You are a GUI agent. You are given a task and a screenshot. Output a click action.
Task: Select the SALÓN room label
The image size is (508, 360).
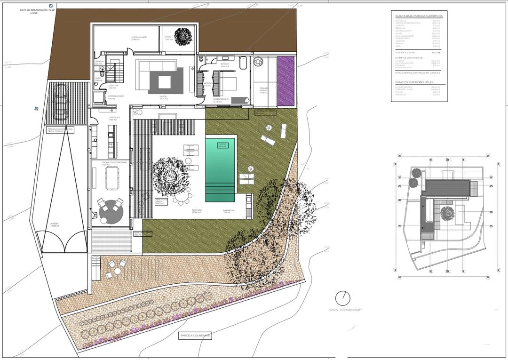point(163,97)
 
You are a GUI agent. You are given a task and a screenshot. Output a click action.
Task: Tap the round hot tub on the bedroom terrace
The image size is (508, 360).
point(258,62)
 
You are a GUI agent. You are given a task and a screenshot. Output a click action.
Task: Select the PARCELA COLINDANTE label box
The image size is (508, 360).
point(195,336)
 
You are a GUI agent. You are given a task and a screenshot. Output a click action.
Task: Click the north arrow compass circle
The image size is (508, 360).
point(343,298)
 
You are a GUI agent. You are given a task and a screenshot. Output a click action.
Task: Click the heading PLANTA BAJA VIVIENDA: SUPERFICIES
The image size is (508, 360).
point(419,16)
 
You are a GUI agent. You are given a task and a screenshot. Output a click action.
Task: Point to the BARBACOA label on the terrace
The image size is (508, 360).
point(229,211)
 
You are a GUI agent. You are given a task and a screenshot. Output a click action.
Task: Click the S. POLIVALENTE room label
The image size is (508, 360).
point(139,37)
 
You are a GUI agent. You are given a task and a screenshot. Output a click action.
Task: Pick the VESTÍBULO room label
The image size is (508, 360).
point(115,118)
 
